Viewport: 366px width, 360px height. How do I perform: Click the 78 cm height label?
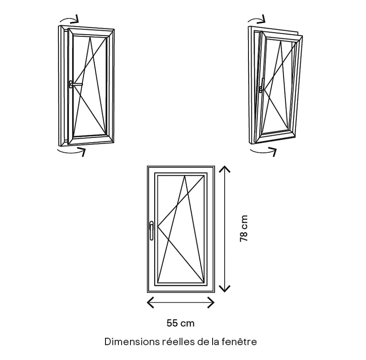click(244, 228)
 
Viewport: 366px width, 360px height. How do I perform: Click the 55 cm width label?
click(180, 323)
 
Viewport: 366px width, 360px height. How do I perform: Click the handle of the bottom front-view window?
click(151, 230)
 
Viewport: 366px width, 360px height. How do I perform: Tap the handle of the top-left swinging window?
click(75, 84)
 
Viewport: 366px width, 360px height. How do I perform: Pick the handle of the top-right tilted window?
click(261, 85)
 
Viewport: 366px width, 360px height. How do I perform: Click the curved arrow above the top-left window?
click(69, 19)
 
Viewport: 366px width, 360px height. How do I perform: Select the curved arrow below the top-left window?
click(71, 152)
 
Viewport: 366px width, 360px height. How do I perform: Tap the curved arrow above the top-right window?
click(257, 19)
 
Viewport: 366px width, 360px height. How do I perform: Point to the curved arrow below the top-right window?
click(263, 152)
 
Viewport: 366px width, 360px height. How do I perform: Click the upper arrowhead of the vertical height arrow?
click(224, 169)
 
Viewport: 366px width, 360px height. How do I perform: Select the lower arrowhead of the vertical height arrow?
click(224, 289)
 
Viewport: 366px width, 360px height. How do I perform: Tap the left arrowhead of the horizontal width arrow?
click(150, 302)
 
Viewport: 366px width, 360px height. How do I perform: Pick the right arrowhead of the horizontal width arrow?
click(211, 302)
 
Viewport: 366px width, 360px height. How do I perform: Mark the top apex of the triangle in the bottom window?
click(185, 176)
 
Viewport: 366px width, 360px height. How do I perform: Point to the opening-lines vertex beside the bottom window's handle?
click(158, 226)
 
